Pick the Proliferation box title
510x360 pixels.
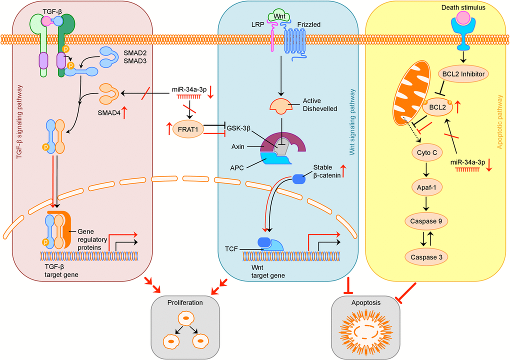[185, 302]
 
